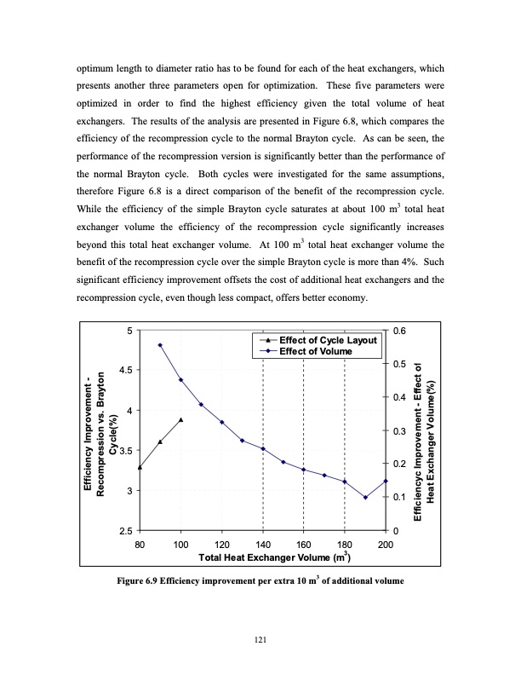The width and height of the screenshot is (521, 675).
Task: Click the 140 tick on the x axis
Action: point(263,545)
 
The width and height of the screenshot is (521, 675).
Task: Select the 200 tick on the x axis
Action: point(386,545)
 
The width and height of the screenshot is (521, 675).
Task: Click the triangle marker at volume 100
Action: point(181,419)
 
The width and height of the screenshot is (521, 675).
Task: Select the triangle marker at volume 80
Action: point(140,467)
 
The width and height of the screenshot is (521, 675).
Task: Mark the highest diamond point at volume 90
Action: point(161,345)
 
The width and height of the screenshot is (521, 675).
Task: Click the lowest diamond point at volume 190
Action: point(365,498)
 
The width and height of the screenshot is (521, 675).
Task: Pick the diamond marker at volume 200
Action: point(386,481)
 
